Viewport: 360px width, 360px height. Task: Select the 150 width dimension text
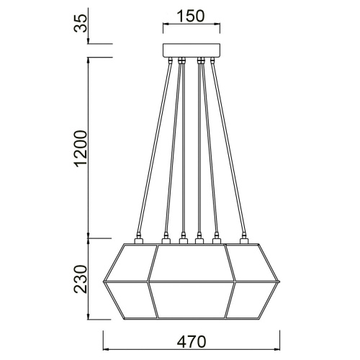[189, 16]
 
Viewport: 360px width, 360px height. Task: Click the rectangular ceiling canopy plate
[189, 50]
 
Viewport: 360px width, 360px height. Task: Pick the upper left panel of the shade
[130, 263]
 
